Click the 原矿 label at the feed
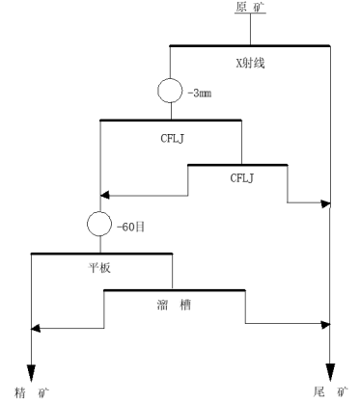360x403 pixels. click(249, 9)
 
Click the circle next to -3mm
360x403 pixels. click(170, 92)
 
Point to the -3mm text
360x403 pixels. click(199, 92)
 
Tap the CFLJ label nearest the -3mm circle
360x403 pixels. click(171, 137)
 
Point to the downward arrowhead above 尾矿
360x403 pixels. click(331, 370)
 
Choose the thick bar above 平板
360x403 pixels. click(101, 254)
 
